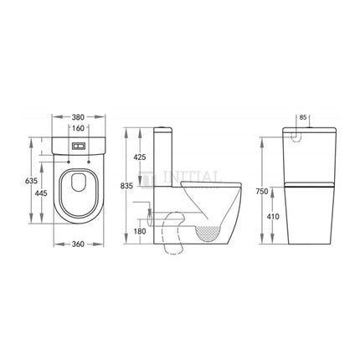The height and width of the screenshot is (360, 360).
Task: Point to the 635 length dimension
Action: coord(30,179)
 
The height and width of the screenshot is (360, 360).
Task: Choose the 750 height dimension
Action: coord(262,191)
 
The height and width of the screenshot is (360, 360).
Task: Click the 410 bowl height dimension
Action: coord(273,217)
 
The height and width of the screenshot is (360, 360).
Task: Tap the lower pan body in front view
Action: coord(304,218)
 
